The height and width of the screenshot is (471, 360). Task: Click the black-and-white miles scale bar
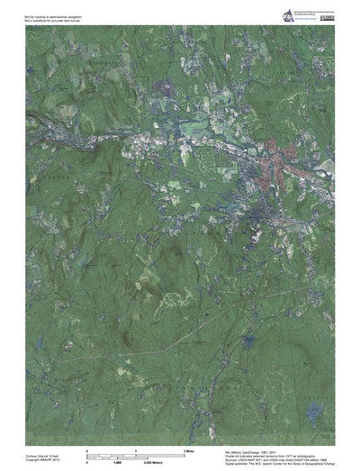pyautogui.click(x=134, y=452)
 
